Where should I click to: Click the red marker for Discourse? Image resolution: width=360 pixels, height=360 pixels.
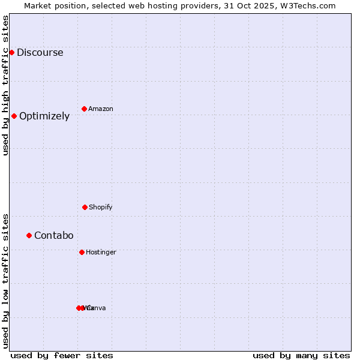click(x=11, y=52)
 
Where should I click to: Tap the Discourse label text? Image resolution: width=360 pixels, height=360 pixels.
click(x=40, y=52)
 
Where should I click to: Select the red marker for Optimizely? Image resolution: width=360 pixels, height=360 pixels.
click(x=14, y=116)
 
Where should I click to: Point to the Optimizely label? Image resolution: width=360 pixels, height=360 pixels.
click(x=44, y=116)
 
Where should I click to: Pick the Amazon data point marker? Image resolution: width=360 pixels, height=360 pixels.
click(x=84, y=109)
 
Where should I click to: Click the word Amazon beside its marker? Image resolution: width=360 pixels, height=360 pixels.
click(x=101, y=109)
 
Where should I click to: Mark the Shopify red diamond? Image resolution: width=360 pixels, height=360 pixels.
click(x=85, y=207)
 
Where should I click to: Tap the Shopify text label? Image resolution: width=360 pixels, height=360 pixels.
click(x=101, y=207)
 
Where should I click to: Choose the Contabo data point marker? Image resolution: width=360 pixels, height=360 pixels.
click(x=29, y=235)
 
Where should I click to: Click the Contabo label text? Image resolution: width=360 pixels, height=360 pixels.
click(x=53, y=235)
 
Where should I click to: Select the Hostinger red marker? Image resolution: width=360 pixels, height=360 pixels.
click(x=82, y=252)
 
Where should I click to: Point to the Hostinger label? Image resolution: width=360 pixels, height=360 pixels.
click(x=101, y=252)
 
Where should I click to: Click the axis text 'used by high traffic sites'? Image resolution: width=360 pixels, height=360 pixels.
click(x=6, y=85)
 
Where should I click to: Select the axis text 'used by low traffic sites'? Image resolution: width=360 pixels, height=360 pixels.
click(x=6, y=281)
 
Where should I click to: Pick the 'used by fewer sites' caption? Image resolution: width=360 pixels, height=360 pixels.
click(x=62, y=355)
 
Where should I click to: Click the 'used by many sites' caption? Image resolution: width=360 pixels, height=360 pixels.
click(x=301, y=355)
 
